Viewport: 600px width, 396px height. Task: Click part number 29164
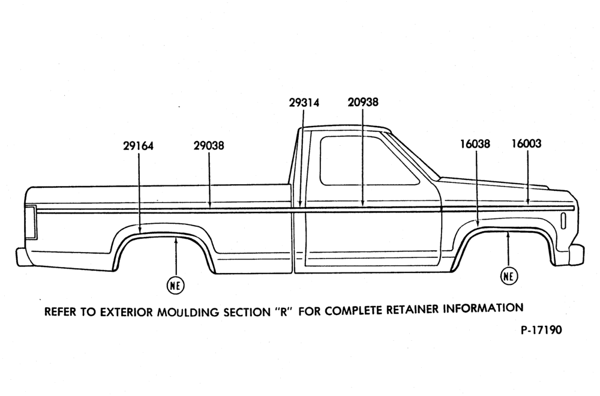pyautogui.click(x=138, y=146)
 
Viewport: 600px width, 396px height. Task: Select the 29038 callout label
pyautogui.click(x=209, y=146)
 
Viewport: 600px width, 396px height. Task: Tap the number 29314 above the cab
pyautogui.click(x=304, y=103)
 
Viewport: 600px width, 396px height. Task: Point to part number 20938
pyautogui.click(x=363, y=102)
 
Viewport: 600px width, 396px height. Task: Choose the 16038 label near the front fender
pyautogui.click(x=475, y=144)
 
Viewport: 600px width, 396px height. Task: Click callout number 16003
pyautogui.click(x=527, y=143)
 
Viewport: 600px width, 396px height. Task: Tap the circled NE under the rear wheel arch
pyautogui.click(x=175, y=285)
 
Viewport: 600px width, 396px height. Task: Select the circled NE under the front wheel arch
pyautogui.click(x=509, y=276)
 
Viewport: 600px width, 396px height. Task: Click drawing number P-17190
pyautogui.click(x=541, y=330)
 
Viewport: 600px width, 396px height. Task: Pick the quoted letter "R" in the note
pyautogui.click(x=284, y=311)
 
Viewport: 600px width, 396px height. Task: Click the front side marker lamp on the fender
pyautogui.click(x=563, y=221)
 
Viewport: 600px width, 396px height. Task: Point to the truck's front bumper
pyautogui.click(x=576, y=254)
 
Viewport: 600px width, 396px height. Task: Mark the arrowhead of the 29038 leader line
pyautogui.click(x=209, y=205)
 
